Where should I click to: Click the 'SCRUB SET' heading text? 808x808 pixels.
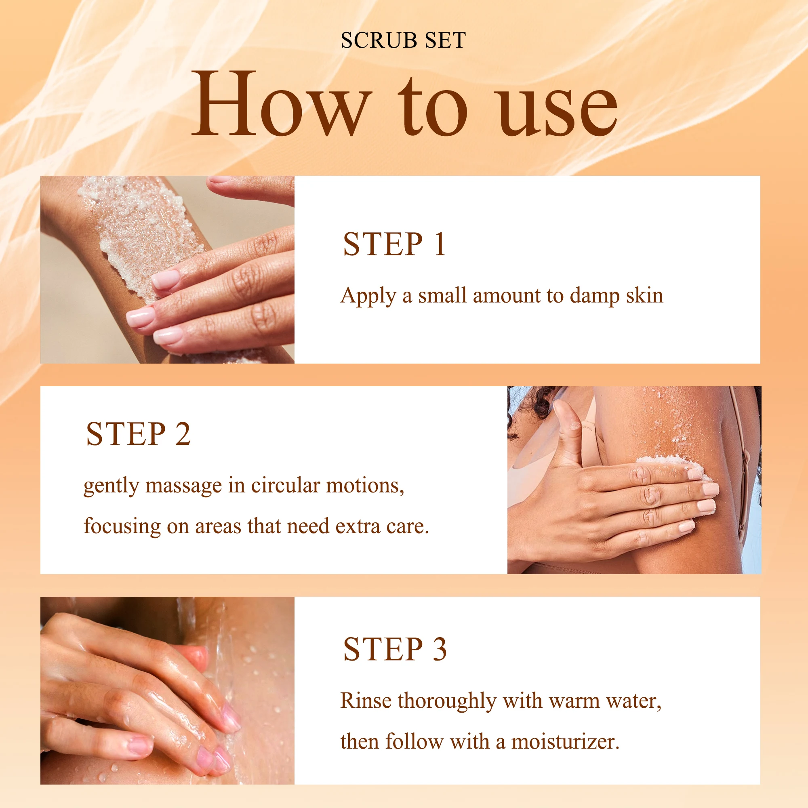pyautogui.click(x=403, y=40)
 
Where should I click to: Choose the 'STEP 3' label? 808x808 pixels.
pyautogui.click(x=395, y=650)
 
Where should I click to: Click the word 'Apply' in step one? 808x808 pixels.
pyautogui.click(x=368, y=297)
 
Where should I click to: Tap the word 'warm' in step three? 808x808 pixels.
pyautogui.click(x=574, y=702)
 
